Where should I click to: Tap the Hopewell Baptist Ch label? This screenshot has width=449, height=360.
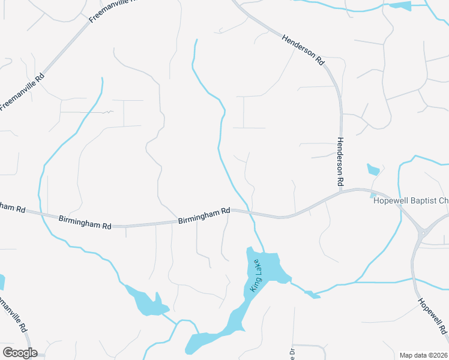point(411,200)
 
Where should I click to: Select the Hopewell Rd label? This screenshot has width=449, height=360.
point(432,316)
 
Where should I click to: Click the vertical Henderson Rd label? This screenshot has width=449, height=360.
point(340,160)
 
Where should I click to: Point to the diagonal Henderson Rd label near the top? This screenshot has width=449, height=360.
point(304,49)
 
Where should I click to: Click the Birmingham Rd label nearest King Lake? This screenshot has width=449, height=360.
point(204,216)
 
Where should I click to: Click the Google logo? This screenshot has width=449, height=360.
point(20,353)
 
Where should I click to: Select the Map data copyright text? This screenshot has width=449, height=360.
point(423,355)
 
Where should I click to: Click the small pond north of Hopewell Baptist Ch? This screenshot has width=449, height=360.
point(373,170)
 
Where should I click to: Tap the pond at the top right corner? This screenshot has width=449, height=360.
point(400,6)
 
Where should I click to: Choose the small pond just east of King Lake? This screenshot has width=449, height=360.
point(311,294)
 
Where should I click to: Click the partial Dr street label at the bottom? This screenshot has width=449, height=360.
point(292,353)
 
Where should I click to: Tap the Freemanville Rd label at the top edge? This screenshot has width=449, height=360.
point(111,11)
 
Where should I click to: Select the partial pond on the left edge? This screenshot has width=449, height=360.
point(2,283)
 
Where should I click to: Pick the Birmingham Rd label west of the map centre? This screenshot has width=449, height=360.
point(85,222)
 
